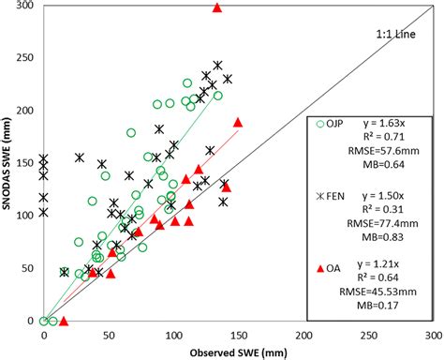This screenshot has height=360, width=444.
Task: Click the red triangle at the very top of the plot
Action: (x=217, y=7)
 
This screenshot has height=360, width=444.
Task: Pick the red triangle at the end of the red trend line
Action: (x=238, y=123)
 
